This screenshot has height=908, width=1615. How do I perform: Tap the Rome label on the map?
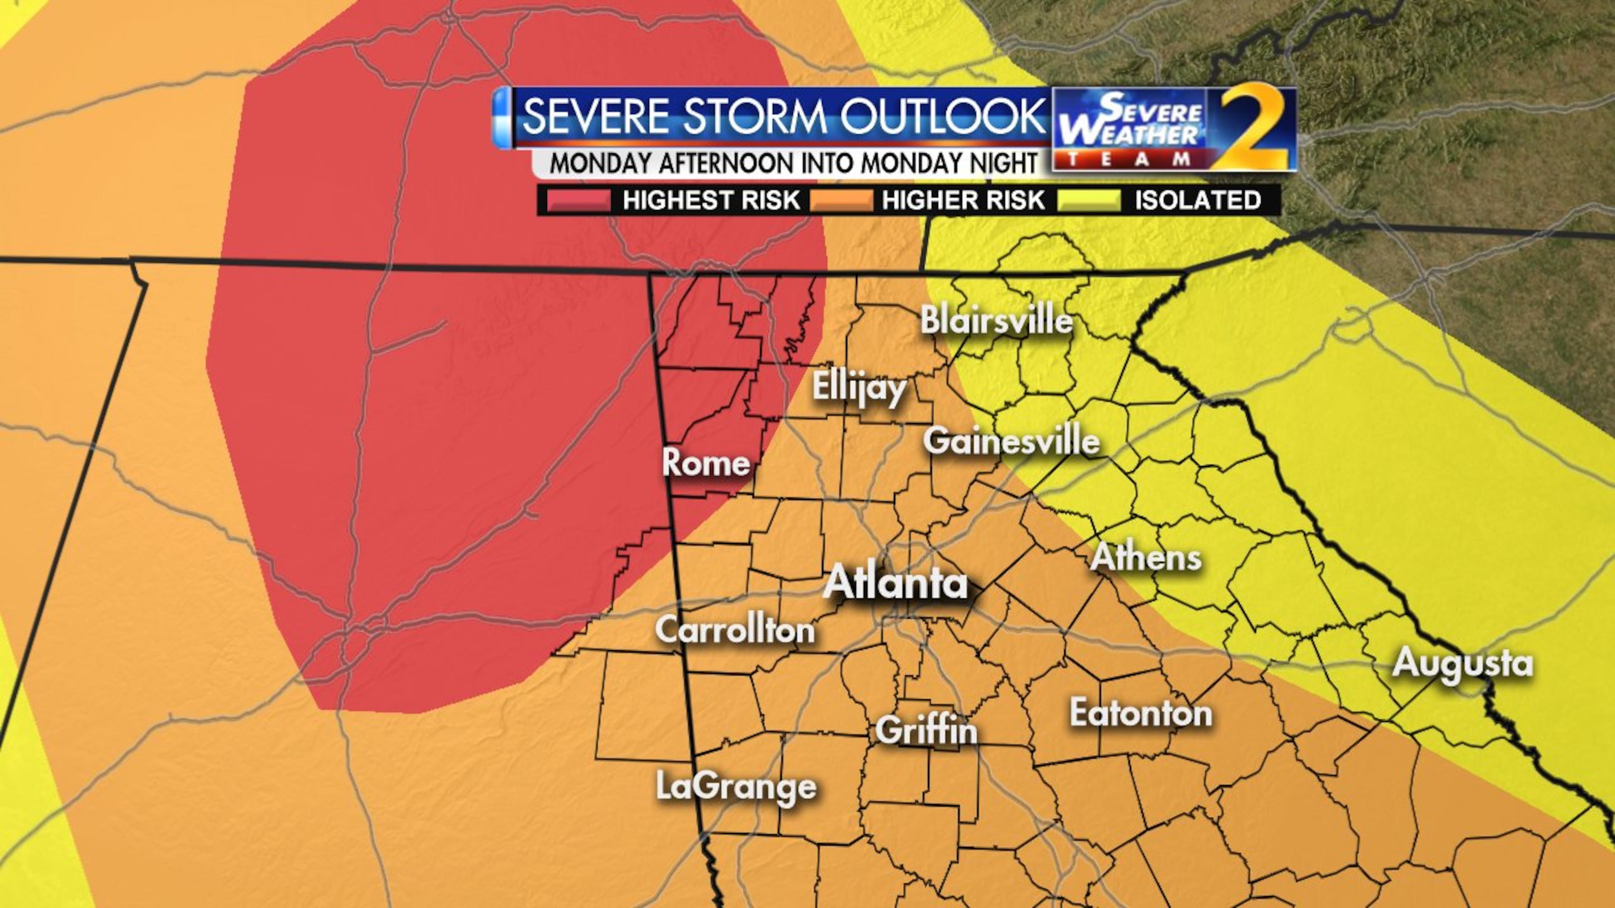click(x=706, y=463)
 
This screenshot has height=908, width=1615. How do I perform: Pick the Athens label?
click(x=1146, y=557)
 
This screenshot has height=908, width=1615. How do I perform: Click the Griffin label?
click(x=926, y=731)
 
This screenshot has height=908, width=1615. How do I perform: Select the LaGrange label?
click(x=736, y=787)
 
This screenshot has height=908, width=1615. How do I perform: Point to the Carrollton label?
click(x=735, y=630)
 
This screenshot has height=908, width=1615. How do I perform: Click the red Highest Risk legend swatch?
click(x=578, y=201)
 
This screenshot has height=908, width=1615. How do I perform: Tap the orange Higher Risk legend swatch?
click(x=841, y=201)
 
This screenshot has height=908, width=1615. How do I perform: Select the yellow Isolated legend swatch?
click(x=1089, y=201)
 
